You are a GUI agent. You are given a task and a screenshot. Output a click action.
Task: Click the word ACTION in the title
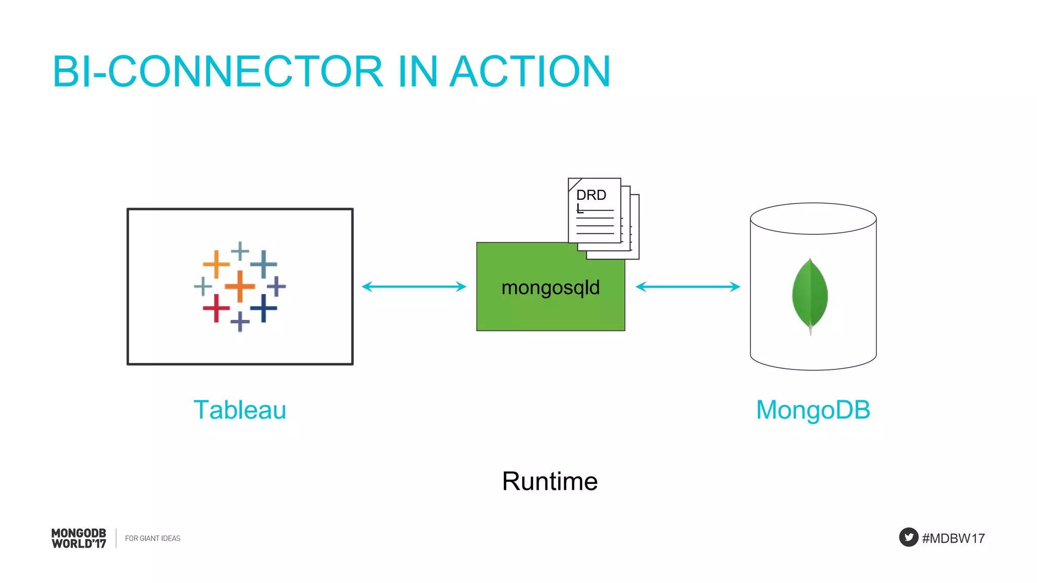(530, 72)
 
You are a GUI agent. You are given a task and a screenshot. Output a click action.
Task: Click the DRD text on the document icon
(591, 195)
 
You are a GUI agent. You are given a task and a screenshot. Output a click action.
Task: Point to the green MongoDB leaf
(810, 294)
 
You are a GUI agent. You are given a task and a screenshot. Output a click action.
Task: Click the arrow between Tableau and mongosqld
(414, 286)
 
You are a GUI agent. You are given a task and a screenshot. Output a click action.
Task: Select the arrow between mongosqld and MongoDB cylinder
(688, 286)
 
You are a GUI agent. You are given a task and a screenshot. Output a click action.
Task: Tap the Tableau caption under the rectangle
(240, 410)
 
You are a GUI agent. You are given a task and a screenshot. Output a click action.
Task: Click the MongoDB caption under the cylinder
(813, 410)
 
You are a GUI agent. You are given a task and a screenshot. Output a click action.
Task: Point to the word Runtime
(550, 481)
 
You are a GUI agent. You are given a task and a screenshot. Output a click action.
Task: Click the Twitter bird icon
(908, 537)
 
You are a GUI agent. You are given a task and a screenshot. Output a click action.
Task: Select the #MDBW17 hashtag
(953, 538)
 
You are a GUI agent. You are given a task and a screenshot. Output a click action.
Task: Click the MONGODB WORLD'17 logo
(79, 538)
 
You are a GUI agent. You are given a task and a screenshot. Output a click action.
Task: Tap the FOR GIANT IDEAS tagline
(152, 538)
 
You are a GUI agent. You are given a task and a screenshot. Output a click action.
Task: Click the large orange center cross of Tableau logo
(240, 286)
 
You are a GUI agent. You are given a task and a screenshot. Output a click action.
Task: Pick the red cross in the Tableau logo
(216, 308)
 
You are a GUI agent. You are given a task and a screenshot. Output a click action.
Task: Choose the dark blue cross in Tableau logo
(263, 308)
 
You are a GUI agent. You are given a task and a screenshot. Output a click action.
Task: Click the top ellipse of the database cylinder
(813, 219)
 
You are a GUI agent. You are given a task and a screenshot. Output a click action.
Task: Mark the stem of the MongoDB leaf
(811, 330)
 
